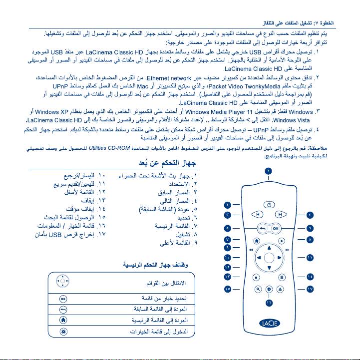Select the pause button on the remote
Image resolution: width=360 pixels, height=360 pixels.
282,276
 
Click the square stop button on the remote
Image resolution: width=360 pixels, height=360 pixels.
255,276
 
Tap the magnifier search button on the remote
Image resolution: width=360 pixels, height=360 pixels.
258,289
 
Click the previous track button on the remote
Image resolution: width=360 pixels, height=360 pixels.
256,215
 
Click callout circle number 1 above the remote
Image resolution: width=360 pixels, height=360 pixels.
269,172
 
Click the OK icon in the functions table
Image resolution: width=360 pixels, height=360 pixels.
63,299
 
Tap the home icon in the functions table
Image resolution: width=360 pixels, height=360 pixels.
63,320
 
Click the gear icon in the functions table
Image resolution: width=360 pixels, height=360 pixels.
63,331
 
